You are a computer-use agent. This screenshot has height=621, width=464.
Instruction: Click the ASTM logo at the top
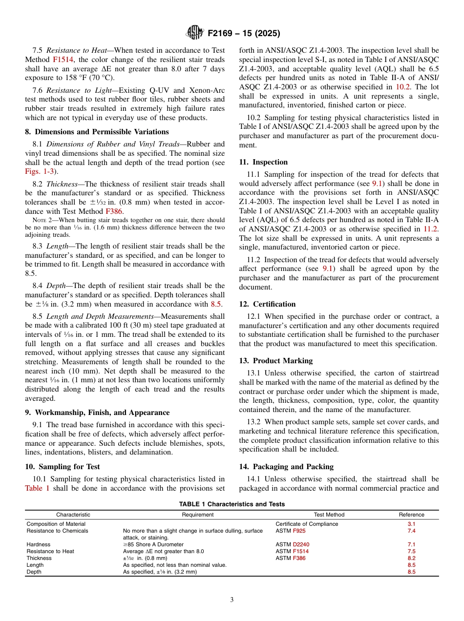pyautogui.click(x=194, y=33)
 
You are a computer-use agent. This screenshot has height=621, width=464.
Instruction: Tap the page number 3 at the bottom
pyautogui.click(x=232, y=600)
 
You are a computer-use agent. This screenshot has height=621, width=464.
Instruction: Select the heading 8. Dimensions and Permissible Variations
pyautogui.click(x=97, y=132)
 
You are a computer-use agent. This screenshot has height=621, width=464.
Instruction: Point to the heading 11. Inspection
pyautogui.click(x=263, y=162)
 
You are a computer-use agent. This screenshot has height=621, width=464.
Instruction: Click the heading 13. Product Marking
pyautogui.click(x=276, y=361)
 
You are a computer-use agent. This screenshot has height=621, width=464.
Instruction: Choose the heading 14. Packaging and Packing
pyautogui.click(x=286, y=467)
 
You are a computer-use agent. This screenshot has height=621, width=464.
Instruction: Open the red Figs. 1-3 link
pyautogui.click(x=39, y=171)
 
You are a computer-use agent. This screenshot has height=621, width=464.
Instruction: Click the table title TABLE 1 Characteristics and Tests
pyautogui.click(x=232, y=504)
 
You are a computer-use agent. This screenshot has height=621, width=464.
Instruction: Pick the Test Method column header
pyautogui.click(x=329, y=515)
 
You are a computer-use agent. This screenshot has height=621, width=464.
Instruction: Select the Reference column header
pyautogui.click(x=411, y=515)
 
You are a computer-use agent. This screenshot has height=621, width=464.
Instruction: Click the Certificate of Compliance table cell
pyautogui.click(x=307, y=524)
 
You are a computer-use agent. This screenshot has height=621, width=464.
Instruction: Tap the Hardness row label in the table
pyautogui.click(x=38, y=544)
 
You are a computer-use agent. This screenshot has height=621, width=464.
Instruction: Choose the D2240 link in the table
pyautogui.click(x=301, y=544)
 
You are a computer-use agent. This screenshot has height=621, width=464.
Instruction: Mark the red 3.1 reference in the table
pyautogui.click(x=411, y=524)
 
